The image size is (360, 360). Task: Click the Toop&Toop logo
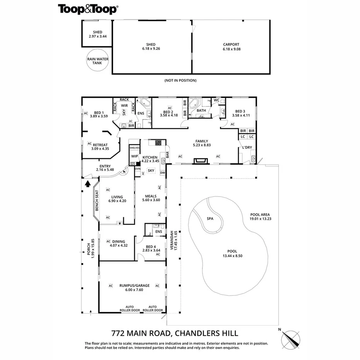tap(88, 9)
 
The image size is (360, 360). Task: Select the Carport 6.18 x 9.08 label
tap(231, 47)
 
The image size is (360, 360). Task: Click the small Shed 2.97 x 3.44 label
tap(97, 34)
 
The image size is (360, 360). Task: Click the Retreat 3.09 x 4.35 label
tap(100, 146)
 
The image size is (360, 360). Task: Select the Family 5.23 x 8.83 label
tap(200, 143)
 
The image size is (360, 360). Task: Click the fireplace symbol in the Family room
tap(200, 161)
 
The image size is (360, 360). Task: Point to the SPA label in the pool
tap(210, 219)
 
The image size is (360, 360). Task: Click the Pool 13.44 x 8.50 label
tap(232, 253)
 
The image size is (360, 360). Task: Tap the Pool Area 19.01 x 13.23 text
tap(260, 217)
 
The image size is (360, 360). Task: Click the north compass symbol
tap(292, 340)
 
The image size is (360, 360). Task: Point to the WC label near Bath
tap(216, 100)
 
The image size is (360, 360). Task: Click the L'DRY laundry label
tap(247, 148)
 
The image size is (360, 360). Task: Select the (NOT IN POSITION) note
tap(181, 80)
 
